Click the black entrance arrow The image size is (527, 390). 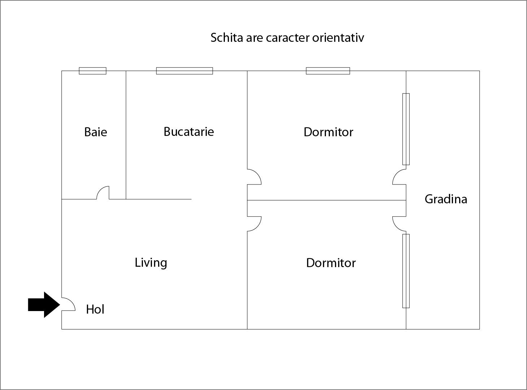[44, 305]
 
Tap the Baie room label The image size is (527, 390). [96, 132]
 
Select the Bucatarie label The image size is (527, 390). [189, 132]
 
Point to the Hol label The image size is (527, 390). [95, 309]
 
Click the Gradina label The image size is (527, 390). [446, 199]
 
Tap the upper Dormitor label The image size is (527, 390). [328, 132]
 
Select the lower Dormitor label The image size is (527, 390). [331, 263]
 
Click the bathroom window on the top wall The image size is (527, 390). [93, 71]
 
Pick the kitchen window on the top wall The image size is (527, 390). [184, 71]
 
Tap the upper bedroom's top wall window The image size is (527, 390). [328, 71]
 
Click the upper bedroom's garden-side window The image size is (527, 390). [406, 129]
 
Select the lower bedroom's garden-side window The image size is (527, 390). [406, 271]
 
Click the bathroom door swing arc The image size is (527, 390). [103, 192]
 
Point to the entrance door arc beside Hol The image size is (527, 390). [69, 304]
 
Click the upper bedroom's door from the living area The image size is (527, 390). [254, 177]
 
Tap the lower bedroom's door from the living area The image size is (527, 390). [254, 223]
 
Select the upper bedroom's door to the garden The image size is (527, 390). [399, 177]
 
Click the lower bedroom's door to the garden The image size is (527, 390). [399, 223]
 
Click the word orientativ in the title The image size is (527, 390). [338, 37]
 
